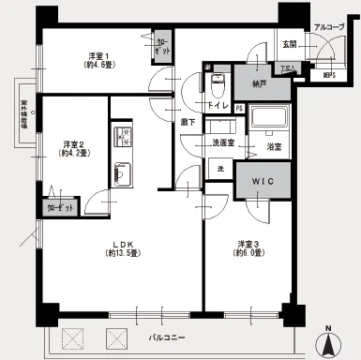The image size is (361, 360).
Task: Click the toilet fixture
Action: (217, 85)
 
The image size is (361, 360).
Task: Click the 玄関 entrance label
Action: (289, 44)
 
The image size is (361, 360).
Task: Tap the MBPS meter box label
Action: (328, 75)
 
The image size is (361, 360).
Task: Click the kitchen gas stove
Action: (124, 139)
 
